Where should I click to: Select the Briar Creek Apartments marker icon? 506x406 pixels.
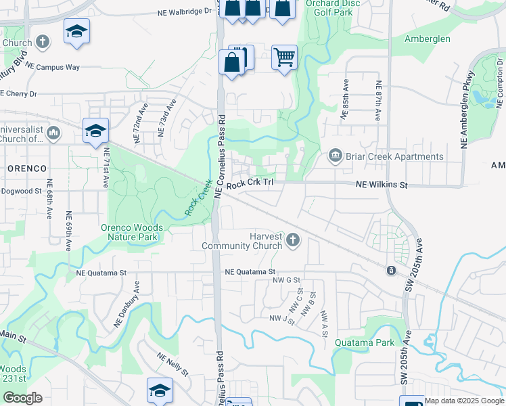[x=335, y=156]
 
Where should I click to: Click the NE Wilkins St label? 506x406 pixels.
[x=382, y=185]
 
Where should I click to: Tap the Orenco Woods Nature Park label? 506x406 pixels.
[x=129, y=232]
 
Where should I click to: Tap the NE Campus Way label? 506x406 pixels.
[x=54, y=68]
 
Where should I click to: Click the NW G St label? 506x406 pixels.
[x=286, y=279]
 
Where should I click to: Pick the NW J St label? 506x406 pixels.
[x=281, y=318]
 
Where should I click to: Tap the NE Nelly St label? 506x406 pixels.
[x=172, y=364]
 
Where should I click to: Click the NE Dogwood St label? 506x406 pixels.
[x=21, y=191]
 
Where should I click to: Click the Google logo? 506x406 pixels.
[x=22, y=398]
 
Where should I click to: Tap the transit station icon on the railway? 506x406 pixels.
[x=391, y=271]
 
